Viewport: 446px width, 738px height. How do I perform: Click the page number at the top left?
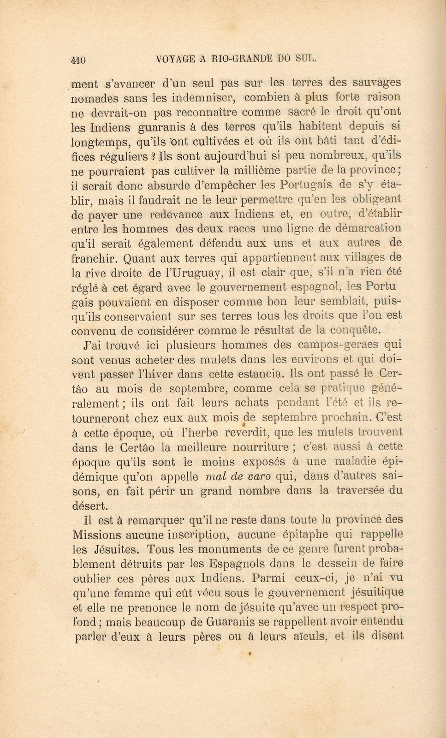pos(79,60)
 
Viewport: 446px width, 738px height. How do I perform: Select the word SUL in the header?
pos(306,58)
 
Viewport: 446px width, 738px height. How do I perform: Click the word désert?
pos(90,505)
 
